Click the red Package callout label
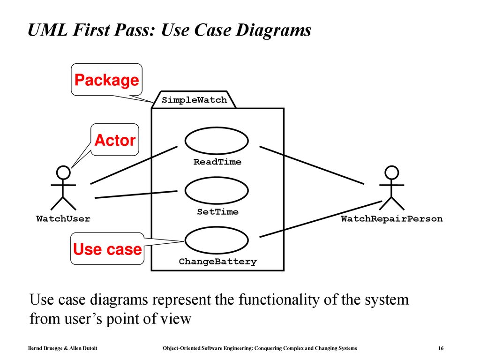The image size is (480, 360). click(x=107, y=80)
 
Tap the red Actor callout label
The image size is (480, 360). click(x=115, y=140)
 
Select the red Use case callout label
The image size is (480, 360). click(x=107, y=249)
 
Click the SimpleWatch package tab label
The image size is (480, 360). click(x=195, y=100)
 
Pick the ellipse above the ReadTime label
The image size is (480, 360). click(x=217, y=127)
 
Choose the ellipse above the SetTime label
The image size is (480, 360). click(x=217, y=177)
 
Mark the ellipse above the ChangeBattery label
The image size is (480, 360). click(x=217, y=227)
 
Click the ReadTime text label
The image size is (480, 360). click(x=217, y=162)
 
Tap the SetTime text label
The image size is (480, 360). click(x=217, y=211)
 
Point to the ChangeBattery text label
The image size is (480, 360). click(x=217, y=262)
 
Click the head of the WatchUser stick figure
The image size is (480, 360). click(x=63, y=172)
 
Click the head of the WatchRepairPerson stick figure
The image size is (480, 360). click(x=391, y=172)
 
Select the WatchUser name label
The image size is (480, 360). click(x=63, y=218)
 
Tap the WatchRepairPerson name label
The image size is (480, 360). click(x=392, y=218)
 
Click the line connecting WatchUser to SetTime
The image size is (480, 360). click(x=136, y=195)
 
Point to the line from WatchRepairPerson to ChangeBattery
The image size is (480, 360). click(x=321, y=219)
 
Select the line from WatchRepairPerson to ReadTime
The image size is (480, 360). click(x=312, y=165)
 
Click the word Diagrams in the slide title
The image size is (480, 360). click(x=273, y=30)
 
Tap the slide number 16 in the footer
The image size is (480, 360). click(x=441, y=348)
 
